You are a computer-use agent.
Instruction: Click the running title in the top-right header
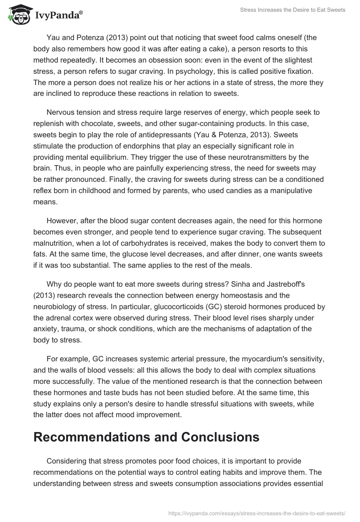[x=292, y=10]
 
